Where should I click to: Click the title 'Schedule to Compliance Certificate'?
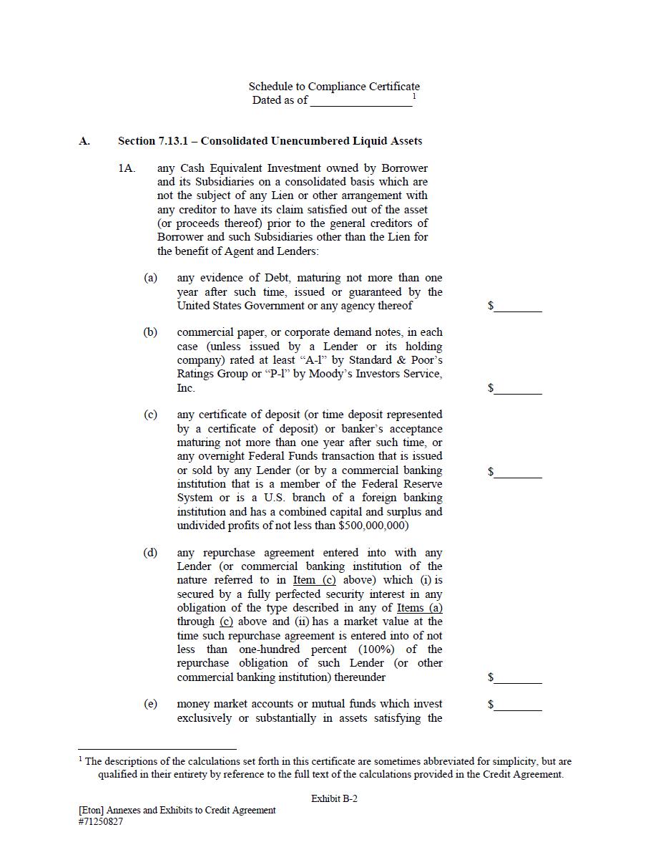334,87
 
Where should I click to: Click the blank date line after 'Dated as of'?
361,102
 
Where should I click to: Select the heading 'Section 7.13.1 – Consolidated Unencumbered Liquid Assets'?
270,141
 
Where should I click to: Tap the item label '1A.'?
127,168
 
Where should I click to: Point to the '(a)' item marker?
150,278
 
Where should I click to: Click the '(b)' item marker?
150,332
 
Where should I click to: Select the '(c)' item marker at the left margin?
150,415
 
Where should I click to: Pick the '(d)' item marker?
150,553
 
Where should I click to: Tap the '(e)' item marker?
150,704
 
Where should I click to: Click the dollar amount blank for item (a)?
518,307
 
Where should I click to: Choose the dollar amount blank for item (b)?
518,390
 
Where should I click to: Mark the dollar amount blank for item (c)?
518,473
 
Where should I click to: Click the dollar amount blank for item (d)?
518,679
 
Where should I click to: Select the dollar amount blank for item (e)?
518,706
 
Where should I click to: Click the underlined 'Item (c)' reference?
314,581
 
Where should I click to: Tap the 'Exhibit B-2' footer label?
334,798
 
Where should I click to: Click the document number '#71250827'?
101,822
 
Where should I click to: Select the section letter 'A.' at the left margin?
84,141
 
